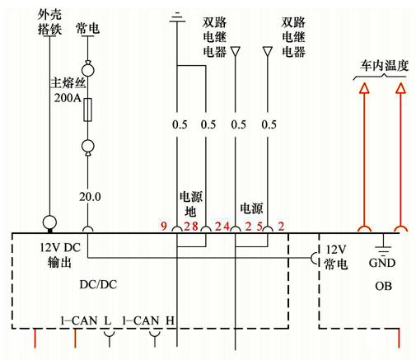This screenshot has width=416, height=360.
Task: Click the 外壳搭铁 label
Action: tap(49, 22)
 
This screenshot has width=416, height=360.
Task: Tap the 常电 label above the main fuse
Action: tap(87, 29)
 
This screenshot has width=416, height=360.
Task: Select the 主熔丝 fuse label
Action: tap(68, 82)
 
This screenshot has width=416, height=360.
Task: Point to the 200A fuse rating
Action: tap(68, 98)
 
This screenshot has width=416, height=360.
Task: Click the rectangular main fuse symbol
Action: tap(87, 110)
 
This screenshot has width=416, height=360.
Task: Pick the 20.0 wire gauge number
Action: tap(90, 197)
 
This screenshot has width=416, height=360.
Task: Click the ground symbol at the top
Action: tap(177, 17)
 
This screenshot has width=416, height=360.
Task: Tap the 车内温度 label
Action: tap(384, 66)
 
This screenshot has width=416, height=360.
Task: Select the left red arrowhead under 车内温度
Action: tap(364, 88)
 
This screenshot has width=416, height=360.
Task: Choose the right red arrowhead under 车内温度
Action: tap(400, 88)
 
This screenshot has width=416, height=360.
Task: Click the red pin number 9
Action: tap(164, 227)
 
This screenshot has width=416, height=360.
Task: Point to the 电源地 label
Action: tap(191, 204)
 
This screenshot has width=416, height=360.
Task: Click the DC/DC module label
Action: tap(98, 284)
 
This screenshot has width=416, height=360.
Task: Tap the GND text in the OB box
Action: tap(382, 263)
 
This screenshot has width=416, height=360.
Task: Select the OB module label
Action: tap(383, 286)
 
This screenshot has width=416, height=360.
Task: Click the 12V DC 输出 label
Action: tap(60, 255)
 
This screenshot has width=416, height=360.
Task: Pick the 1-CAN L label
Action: tap(86, 320)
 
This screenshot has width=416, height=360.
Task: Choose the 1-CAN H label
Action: tap(148, 320)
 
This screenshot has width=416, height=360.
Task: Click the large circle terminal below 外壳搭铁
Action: tap(49, 222)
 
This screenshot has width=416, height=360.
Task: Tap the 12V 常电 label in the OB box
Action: tap(335, 257)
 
